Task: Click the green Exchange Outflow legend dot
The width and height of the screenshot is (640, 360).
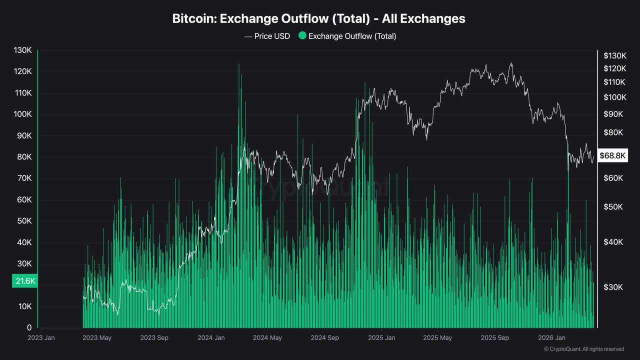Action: pyautogui.click(x=302, y=35)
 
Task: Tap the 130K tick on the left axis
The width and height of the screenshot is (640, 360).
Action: pyautogui.click(x=22, y=50)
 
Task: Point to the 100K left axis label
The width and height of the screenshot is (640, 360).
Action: pyautogui.click(x=22, y=114)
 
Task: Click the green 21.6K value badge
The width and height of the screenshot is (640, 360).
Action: pyautogui.click(x=25, y=281)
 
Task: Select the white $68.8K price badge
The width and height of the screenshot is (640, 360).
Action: pyautogui.click(x=612, y=156)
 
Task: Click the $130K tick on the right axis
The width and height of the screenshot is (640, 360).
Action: pyautogui.click(x=614, y=55)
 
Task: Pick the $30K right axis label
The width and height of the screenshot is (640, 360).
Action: pyautogui.click(x=613, y=287)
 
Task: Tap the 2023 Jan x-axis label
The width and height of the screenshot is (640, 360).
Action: pyautogui.click(x=41, y=338)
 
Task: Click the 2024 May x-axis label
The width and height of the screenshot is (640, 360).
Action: pyautogui.click(x=267, y=338)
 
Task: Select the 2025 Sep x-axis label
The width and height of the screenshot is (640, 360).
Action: pyautogui.click(x=494, y=338)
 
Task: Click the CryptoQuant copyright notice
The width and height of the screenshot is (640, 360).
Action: pyautogui.click(x=583, y=349)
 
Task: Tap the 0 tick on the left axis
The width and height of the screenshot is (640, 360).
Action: pyautogui.click(x=29, y=328)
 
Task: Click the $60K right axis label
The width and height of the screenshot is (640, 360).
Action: pyautogui.click(x=613, y=178)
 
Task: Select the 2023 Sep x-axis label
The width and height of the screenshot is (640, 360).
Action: pyautogui.click(x=154, y=338)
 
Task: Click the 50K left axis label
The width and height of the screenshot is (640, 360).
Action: pyautogui.click(x=23, y=221)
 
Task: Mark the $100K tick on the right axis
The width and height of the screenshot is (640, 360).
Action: pyautogui.click(x=614, y=97)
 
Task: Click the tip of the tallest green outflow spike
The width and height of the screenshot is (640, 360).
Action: pyautogui.click(x=238, y=64)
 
